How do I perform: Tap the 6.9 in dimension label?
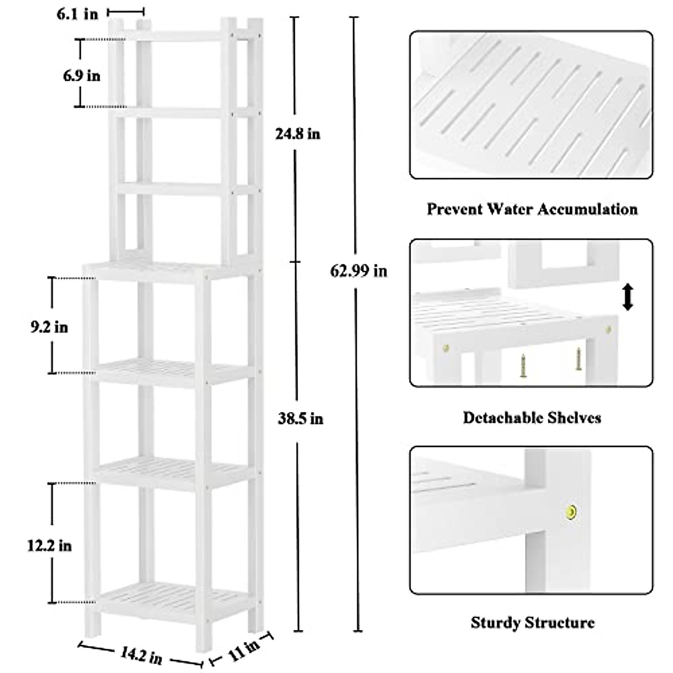pos(82,75)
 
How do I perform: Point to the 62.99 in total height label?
pos(358,271)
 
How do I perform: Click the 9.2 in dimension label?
pos(49,327)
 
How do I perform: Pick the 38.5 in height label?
pos(301,418)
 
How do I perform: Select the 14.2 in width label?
pos(141,654)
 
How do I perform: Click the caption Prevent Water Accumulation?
pos(532,210)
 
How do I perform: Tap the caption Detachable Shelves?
pos(532,418)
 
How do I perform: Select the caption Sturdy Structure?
pos(532,622)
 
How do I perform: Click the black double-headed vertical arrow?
pos(628,297)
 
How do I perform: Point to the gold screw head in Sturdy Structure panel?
pos(571,510)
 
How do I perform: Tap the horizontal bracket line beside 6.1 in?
pos(126,11)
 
